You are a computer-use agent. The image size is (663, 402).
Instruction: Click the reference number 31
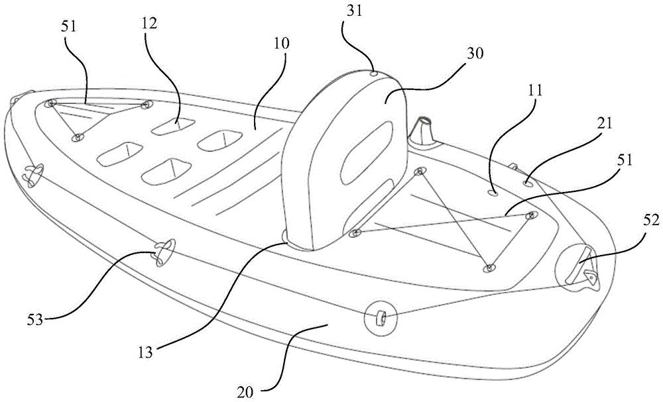pyautogui.click(x=354, y=11)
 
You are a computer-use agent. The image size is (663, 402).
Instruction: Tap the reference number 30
pyautogui.click(x=474, y=53)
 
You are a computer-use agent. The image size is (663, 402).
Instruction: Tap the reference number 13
pyautogui.click(x=145, y=351)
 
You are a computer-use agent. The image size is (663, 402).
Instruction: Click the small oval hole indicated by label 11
pyautogui.click(x=493, y=193)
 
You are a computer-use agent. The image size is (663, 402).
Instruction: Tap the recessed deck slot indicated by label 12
pyautogui.click(x=174, y=125)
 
